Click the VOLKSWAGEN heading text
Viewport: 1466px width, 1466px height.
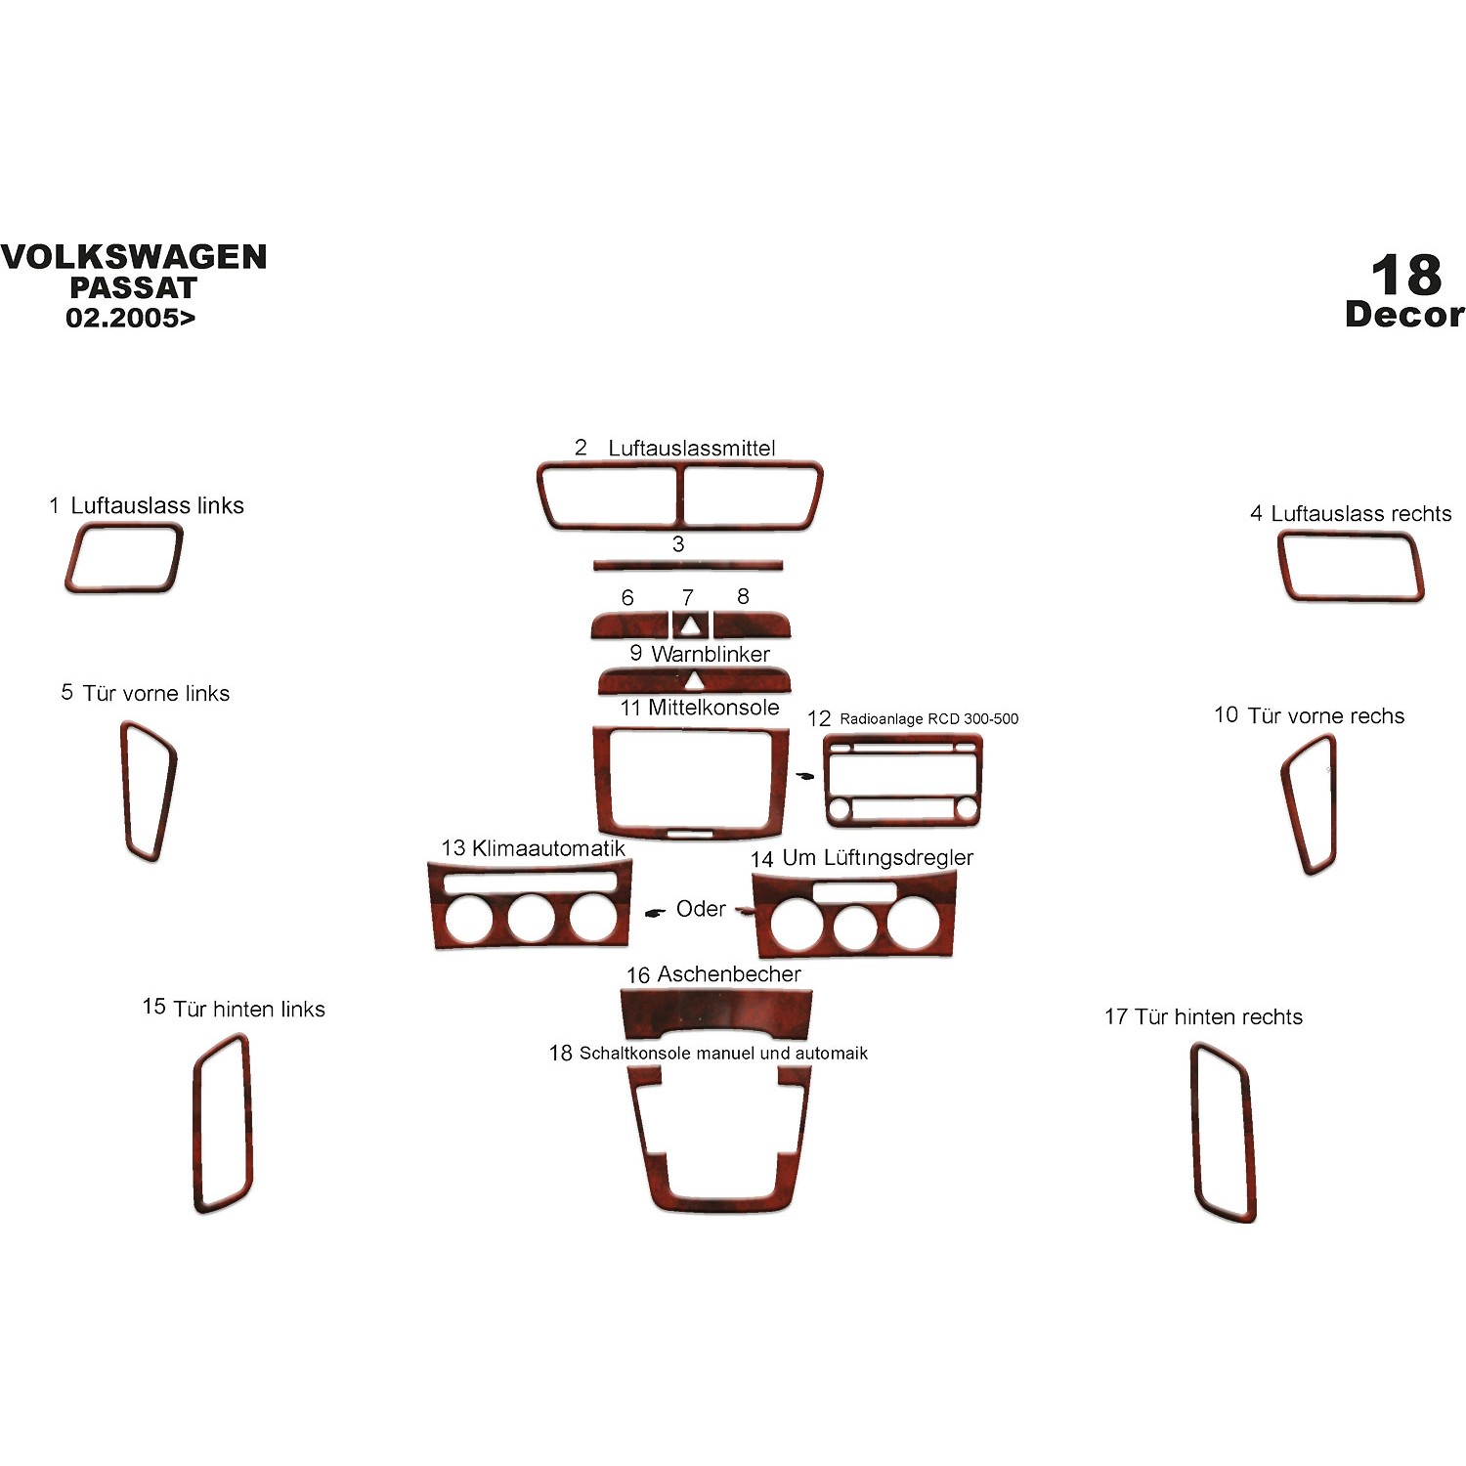[x=134, y=257]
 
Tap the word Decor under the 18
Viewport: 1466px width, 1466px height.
[x=1404, y=314]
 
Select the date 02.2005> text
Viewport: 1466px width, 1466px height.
[x=130, y=318]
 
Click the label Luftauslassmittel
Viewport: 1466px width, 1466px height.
[x=692, y=448]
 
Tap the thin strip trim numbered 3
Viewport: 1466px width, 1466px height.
[x=688, y=564]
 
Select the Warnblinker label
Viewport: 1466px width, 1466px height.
[x=711, y=654]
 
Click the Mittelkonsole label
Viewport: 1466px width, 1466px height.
[x=713, y=708]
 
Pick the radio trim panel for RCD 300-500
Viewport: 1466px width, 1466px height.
[x=902, y=781]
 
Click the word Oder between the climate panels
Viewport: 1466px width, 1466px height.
[x=701, y=909]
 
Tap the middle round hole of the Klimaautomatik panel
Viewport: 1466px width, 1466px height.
[x=531, y=917]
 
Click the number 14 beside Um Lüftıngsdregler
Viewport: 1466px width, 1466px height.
[x=761, y=859]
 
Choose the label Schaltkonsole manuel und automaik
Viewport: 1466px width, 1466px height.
[x=723, y=1054]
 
